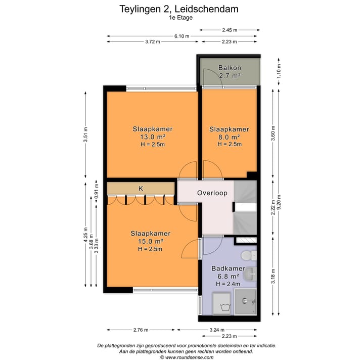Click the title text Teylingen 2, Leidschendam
(x=179, y=9)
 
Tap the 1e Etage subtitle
(x=181, y=17)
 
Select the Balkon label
(x=230, y=68)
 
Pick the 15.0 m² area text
(x=150, y=241)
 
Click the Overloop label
(x=212, y=193)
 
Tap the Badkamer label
(x=228, y=268)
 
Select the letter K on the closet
(x=141, y=189)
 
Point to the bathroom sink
(x=249, y=275)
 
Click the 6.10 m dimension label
(x=181, y=36)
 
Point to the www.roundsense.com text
(x=187, y=357)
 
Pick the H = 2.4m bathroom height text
(x=228, y=284)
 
